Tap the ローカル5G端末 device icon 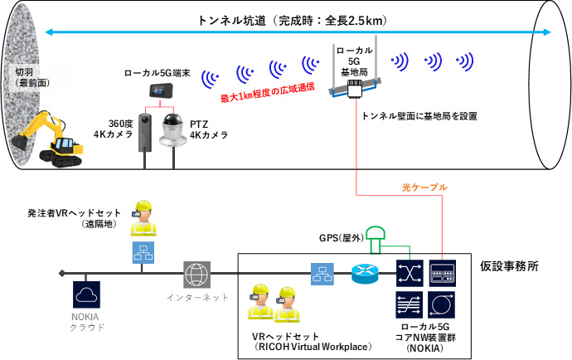tap(156, 90)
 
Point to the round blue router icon tap(361, 273)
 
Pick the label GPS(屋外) tap(341, 237)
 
